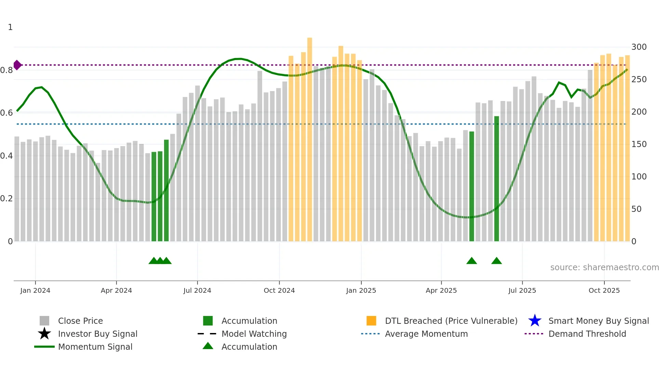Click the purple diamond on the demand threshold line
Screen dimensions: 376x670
(x=17, y=65)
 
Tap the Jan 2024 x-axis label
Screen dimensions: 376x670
(x=35, y=290)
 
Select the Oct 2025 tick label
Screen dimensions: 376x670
(x=604, y=290)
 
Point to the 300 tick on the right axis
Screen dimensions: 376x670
(x=639, y=47)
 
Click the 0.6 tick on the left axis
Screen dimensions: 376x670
(x=6, y=113)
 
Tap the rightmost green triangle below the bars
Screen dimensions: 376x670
(x=496, y=261)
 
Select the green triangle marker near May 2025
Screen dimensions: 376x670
(x=471, y=261)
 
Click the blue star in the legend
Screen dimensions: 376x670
(x=535, y=321)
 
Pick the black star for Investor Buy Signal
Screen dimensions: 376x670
(x=44, y=334)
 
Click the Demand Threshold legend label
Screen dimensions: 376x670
(x=587, y=334)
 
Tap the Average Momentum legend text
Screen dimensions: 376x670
(x=426, y=334)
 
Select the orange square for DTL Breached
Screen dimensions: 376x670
(x=371, y=321)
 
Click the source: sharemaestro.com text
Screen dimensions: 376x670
(x=604, y=267)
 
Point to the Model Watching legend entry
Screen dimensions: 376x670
(x=254, y=334)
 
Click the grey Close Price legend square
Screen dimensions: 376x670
(x=44, y=321)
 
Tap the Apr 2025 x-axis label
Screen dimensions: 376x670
(x=441, y=290)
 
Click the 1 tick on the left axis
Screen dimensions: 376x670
(x=10, y=27)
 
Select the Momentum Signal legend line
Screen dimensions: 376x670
(x=44, y=347)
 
